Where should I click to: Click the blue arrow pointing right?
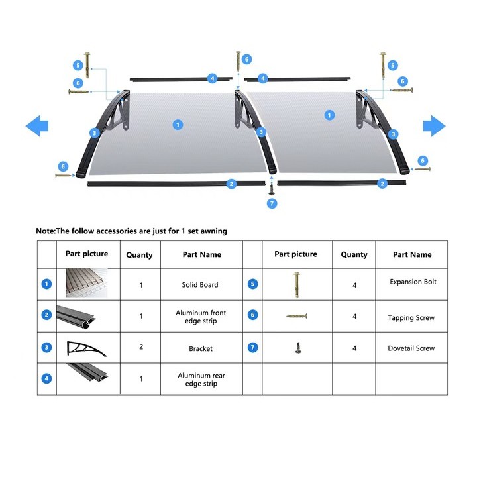point(434,125)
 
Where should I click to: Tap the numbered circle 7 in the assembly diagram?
point(272,203)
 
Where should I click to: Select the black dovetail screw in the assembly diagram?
point(272,189)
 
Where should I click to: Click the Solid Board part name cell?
point(200,285)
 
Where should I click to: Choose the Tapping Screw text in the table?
point(411,318)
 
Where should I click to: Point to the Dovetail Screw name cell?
point(411,348)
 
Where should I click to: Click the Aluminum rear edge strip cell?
point(201,380)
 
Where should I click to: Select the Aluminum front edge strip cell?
point(201,317)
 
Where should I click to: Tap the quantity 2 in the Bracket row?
point(140,347)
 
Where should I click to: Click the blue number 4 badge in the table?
point(46,379)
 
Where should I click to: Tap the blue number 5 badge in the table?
point(252,284)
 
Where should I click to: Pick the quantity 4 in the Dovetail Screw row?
point(354,348)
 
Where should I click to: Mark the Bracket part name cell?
point(201,348)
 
